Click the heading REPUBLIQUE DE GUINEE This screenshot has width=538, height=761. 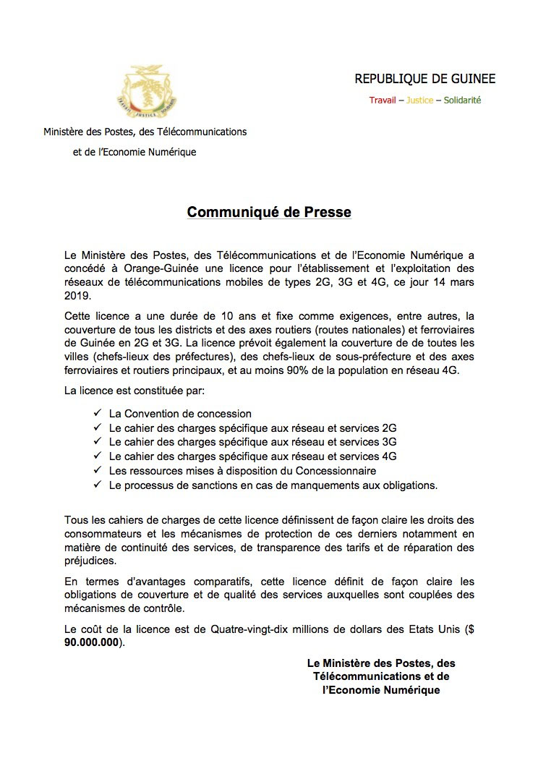click(x=424, y=79)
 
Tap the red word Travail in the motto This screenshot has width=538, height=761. click(x=382, y=100)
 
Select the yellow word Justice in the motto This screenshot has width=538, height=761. click(x=419, y=100)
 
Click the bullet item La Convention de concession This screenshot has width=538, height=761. click(x=179, y=414)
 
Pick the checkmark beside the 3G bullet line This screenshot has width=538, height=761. click(x=97, y=442)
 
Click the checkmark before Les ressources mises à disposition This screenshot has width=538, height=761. click(x=97, y=470)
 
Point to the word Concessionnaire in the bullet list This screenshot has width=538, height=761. click(x=336, y=471)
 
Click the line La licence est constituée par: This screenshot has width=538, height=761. click(x=134, y=391)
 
